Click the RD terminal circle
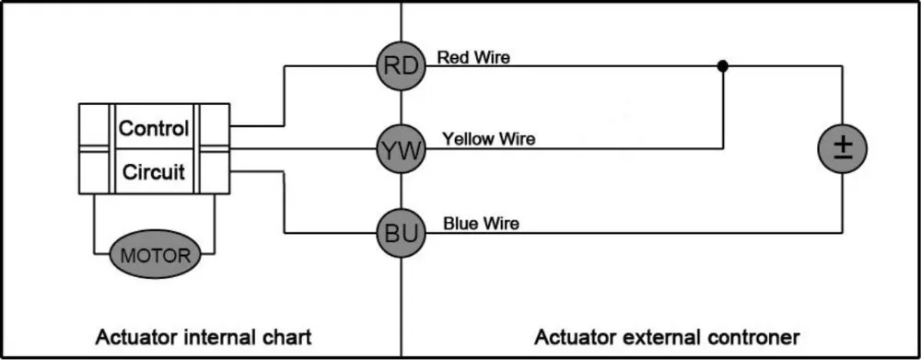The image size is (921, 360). coord(401,65)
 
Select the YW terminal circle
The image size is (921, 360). coord(401,149)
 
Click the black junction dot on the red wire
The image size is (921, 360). coord(723,65)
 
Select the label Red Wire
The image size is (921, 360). coord(473,57)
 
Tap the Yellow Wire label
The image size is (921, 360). coord(488,140)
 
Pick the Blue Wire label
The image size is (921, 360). coord(481,223)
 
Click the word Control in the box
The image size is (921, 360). coord(154,128)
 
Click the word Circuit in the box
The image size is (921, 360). coord(154,171)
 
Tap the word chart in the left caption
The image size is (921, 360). coord(287,336)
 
